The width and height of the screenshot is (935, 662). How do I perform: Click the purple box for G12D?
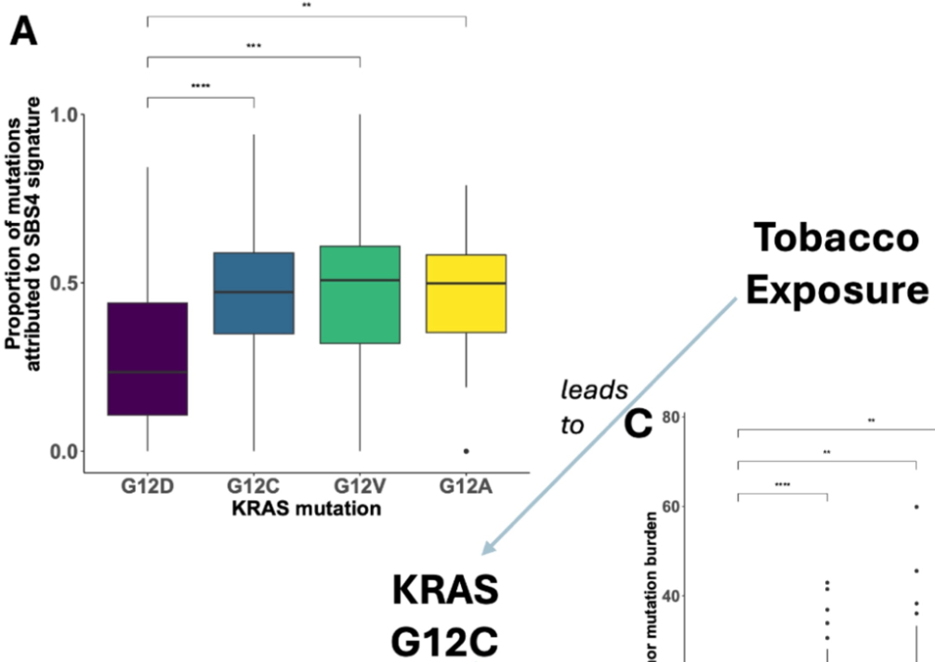pyautogui.click(x=147, y=358)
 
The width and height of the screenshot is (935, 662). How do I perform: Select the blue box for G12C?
pyautogui.click(x=254, y=293)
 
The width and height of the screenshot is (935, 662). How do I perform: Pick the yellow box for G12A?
pyautogui.click(x=466, y=293)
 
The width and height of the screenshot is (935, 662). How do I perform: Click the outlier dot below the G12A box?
pyautogui.click(x=466, y=451)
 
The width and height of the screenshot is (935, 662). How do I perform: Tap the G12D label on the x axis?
pyautogui.click(x=147, y=487)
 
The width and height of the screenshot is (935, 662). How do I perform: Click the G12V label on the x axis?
pyautogui.click(x=360, y=487)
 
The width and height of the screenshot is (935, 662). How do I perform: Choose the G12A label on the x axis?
pyautogui.click(x=466, y=487)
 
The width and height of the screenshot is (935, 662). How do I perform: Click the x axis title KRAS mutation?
pyautogui.click(x=308, y=508)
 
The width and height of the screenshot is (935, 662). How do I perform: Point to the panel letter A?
pyautogui.click(x=26, y=34)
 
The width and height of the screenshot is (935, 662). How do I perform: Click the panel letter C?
pyautogui.click(x=638, y=426)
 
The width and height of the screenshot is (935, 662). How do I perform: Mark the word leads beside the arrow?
pyautogui.click(x=593, y=389)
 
